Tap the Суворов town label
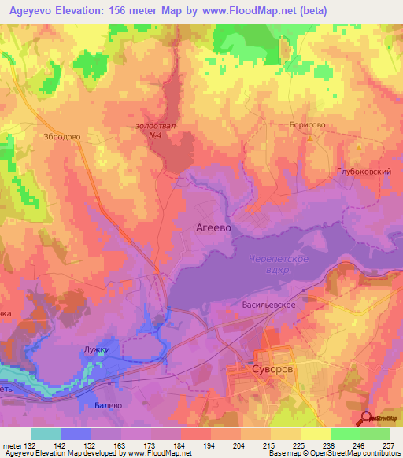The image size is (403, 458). pyautogui.click(x=272, y=368)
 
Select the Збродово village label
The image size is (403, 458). pyautogui.click(x=62, y=135)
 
